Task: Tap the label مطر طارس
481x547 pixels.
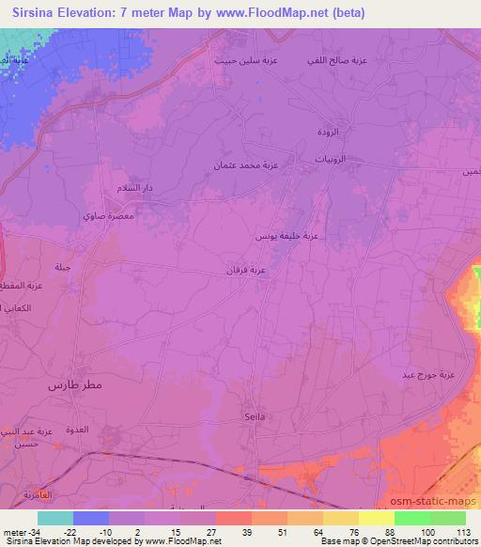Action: tap(76, 386)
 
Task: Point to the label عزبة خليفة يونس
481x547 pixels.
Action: tap(287, 238)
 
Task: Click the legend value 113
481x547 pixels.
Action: tap(463, 532)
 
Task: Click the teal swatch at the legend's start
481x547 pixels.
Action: tap(55, 518)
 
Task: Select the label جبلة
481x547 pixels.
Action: tap(64, 268)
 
